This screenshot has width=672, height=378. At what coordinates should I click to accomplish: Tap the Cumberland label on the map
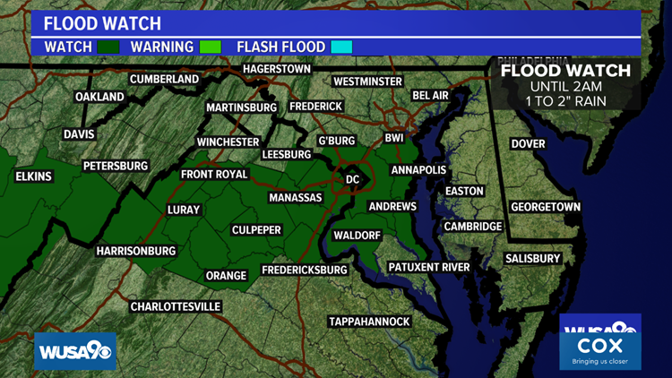point(164,79)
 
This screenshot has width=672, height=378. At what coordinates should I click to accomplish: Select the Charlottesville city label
point(176,306)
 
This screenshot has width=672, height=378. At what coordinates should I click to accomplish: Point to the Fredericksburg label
point(304,270)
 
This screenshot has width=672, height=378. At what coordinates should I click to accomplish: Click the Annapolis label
point(418,169)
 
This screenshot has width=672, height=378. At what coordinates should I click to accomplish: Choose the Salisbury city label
point(532,258)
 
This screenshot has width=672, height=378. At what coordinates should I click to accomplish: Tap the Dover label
point(528,143)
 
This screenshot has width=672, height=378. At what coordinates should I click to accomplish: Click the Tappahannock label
point(369,322)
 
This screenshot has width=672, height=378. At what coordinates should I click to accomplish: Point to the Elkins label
point(34,176)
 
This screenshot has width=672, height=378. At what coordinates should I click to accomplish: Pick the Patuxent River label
point(429,267)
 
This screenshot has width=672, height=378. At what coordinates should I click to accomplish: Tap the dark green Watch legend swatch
point(108,47)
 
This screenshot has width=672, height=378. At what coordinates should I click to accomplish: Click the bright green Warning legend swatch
point(210,47)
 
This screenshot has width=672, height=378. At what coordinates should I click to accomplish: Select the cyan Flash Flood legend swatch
point(340,47)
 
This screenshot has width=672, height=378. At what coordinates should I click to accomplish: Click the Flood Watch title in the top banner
point(103,22)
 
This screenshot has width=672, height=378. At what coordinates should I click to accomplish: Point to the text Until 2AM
point(565,86)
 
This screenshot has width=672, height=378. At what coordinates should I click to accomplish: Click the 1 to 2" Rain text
point(565,100)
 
